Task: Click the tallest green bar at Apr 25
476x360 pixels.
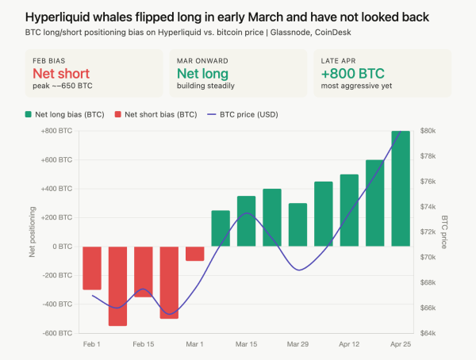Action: tap(401, 189)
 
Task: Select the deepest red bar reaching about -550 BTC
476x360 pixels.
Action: tap(117, 285)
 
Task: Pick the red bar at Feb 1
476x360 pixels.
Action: tap(92, 268)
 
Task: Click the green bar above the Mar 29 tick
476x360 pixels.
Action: tap(297, 224)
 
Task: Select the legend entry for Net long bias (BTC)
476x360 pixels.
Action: tap(69, 114)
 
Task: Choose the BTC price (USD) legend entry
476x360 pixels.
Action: tap(243, 114)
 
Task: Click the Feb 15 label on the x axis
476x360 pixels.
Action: tap(144, 345)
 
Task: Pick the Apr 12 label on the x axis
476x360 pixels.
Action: tap(349, 345)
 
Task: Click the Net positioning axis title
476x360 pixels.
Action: tap(33, 232)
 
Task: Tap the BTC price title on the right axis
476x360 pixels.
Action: tap(444, 232)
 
